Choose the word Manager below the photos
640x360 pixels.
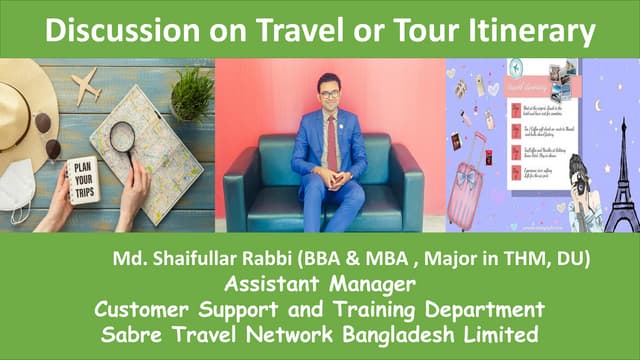372,284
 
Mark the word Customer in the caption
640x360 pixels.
149,307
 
